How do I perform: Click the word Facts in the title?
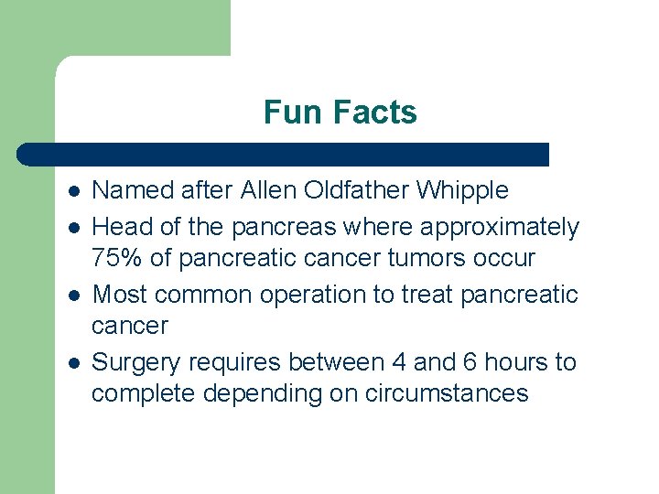point(375,113)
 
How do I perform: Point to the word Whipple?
point(462,191)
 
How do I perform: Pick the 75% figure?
point(116,258)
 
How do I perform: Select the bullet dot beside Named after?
point(73,191)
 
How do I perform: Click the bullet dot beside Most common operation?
point(73,295)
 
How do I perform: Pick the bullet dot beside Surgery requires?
point(73,363)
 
